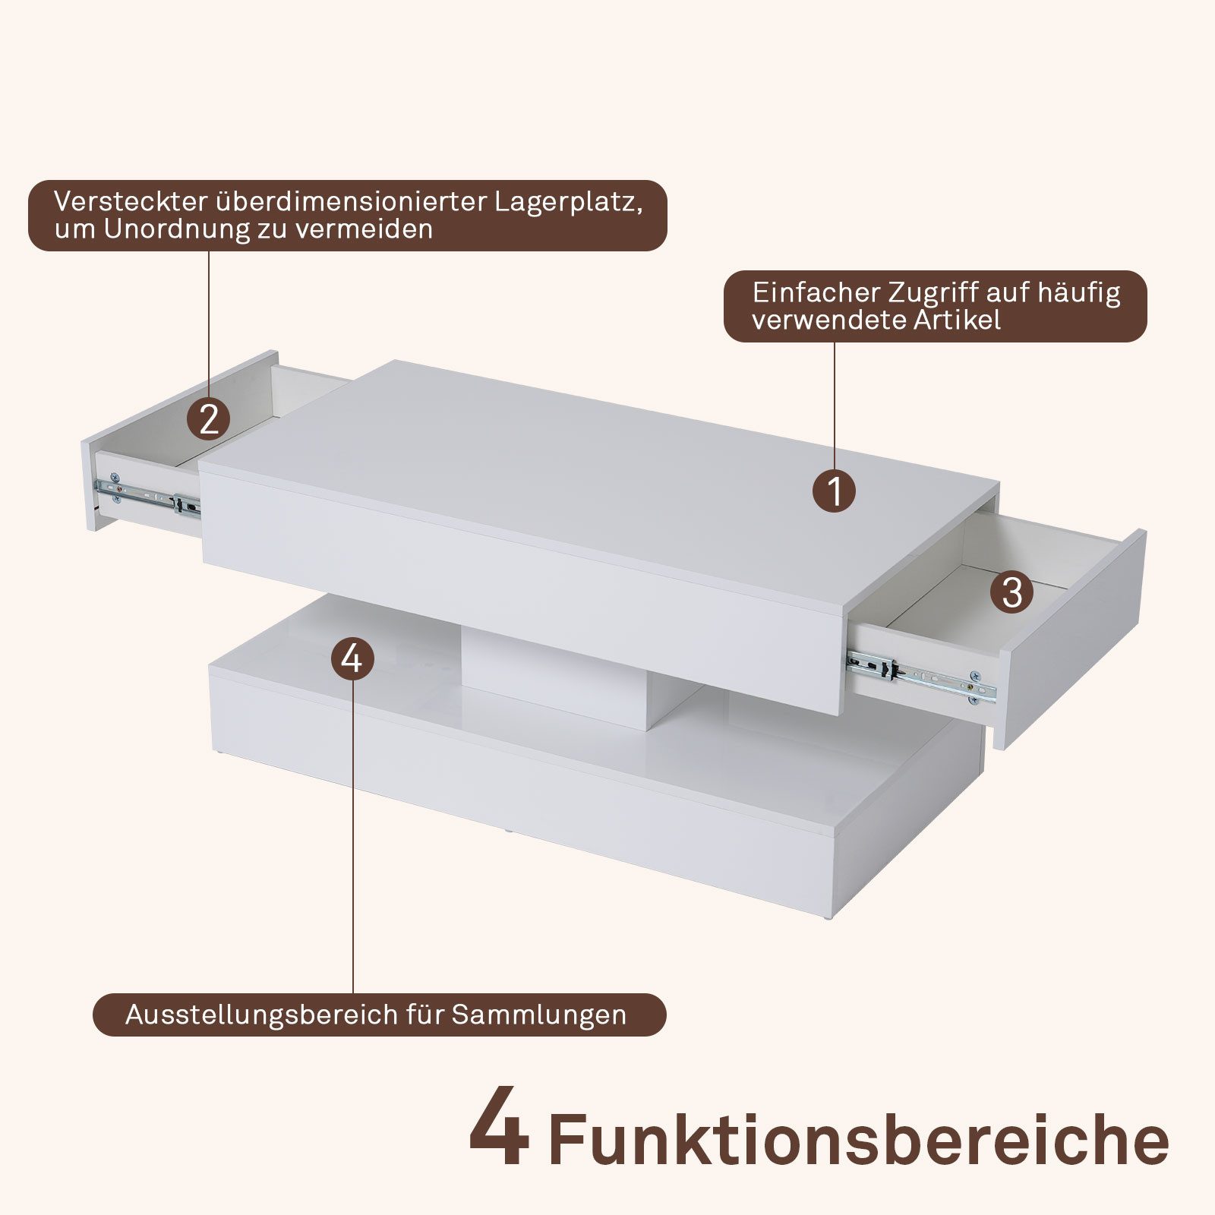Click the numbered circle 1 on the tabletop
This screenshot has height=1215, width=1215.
coord(834,491)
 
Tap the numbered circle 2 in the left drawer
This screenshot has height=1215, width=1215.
coord(209,418)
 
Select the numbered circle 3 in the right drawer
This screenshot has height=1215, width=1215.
coord(1011,592)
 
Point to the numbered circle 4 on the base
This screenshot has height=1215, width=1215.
coord(352,658)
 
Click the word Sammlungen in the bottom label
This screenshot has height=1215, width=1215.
coord(539,1015)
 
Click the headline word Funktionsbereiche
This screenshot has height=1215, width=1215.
coord(858,1139)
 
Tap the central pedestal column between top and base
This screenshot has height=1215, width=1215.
coord(554,676)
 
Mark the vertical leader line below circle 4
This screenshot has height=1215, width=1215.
coord(353,835)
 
